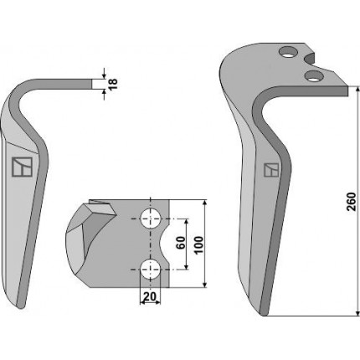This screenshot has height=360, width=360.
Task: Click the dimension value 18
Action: (x=113, y=84)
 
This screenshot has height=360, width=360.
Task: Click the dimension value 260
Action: (x=351, y=202)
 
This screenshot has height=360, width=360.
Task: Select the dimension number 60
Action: (x=181, y=243)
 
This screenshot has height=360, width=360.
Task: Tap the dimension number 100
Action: (x=198, y=245)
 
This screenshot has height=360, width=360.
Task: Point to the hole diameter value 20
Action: (x=149, y=296)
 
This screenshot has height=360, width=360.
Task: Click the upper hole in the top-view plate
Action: (x=151, y=219)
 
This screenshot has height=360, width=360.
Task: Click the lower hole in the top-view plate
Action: (x=151, y=270)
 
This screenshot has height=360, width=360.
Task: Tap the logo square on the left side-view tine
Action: (x=22, y=167)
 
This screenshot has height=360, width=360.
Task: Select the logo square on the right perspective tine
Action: (x=271, y=170)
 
